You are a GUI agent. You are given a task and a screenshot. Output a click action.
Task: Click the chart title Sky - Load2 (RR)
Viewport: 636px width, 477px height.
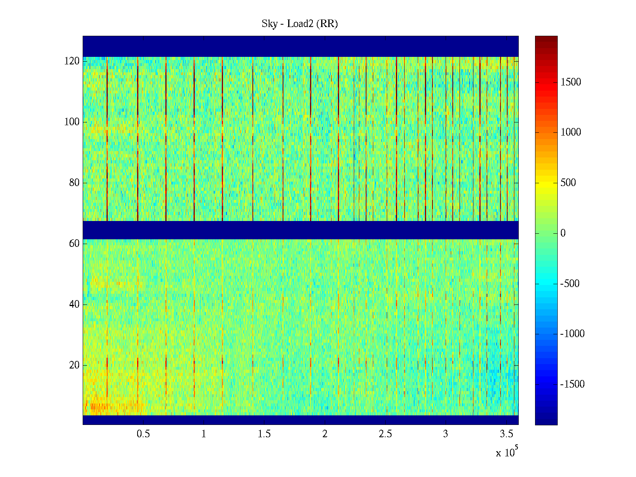pos(300,24)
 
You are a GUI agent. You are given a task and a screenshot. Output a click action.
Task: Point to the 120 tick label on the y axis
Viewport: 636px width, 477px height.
pos(72,61)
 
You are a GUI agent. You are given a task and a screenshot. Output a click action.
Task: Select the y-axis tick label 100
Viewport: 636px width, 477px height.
pos(72,122)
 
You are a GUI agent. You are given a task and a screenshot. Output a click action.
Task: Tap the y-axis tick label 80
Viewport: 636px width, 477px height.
pos(74,183)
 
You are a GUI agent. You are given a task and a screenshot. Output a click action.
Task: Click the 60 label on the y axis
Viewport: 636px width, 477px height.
pos(74,244)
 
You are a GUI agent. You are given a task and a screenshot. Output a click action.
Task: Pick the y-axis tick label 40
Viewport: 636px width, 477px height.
pos(74,304)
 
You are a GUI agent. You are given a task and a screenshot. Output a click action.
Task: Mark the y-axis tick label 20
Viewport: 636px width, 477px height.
pos(74,365)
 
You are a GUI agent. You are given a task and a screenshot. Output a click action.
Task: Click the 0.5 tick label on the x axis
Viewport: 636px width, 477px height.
pos(143,434)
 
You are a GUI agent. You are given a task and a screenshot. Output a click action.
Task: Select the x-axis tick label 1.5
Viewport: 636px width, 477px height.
pos(264,434)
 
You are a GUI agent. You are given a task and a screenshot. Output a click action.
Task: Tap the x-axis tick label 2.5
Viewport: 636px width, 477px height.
pos(385,434)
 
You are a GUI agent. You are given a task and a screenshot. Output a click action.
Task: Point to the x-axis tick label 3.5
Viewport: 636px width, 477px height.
pos(506,434)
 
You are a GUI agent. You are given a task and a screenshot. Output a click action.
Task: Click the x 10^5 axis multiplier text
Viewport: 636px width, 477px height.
pos(507,452)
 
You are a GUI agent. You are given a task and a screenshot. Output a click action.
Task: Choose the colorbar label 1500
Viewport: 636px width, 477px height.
pos(571,82)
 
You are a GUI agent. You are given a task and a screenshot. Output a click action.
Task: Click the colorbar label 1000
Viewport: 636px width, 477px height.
pos(571,132)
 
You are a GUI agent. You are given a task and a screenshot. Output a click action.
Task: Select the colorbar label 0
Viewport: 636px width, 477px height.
pos(563,233)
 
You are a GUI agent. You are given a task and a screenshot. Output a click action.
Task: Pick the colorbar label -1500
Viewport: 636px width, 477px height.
pos(572,384)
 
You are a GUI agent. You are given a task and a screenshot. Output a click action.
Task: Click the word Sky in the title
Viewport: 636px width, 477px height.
pos(269,24)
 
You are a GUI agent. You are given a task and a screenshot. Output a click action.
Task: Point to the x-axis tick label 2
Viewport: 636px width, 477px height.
pos(325,434)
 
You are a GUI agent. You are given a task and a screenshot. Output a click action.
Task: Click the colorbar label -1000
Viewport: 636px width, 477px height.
pos(572,334)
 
